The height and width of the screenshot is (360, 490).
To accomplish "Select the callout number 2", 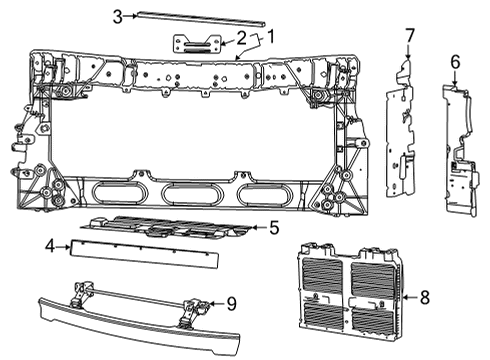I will point(241,38).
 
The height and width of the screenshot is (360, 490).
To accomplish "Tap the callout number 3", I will point(118,16).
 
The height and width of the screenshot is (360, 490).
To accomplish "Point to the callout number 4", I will point(48,243).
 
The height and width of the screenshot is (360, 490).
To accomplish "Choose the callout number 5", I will point(274,228).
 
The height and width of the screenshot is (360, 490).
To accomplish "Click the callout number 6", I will point(455,61).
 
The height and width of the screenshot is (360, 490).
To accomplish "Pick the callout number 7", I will point(408,37).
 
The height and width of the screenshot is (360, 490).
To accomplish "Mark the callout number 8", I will point(425,297).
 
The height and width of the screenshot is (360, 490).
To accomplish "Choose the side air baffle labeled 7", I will point(402,125).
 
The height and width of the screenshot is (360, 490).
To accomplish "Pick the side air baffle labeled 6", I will point(460,150).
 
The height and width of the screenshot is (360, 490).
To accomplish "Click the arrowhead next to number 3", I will point(134,16).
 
